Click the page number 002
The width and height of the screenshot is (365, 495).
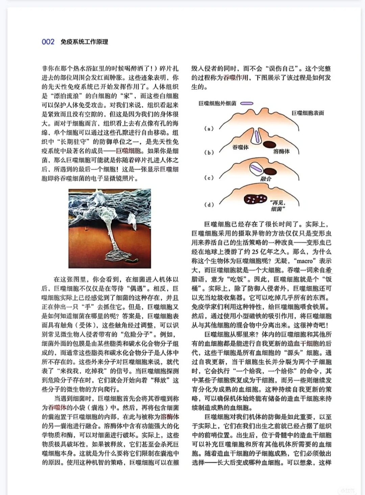point(48,42)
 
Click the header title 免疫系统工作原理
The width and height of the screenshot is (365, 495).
point(84,42)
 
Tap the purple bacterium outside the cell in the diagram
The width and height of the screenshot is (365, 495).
point(246,104)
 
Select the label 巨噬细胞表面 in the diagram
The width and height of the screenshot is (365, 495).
point(308,113)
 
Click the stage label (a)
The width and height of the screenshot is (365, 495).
point(209,129)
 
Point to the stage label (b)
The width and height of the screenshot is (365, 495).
point(209,152)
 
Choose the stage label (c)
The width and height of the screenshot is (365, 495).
point(209,178)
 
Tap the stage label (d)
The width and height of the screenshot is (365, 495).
point(209,204)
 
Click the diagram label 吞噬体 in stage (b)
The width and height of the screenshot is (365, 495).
point(240,147)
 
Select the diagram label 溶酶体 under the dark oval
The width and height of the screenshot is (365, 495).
point(281,151)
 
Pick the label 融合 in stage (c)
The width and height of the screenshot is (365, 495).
point(266,179)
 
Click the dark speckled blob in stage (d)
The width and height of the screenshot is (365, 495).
point(255,199)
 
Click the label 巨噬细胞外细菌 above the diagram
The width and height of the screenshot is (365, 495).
point(217,103)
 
